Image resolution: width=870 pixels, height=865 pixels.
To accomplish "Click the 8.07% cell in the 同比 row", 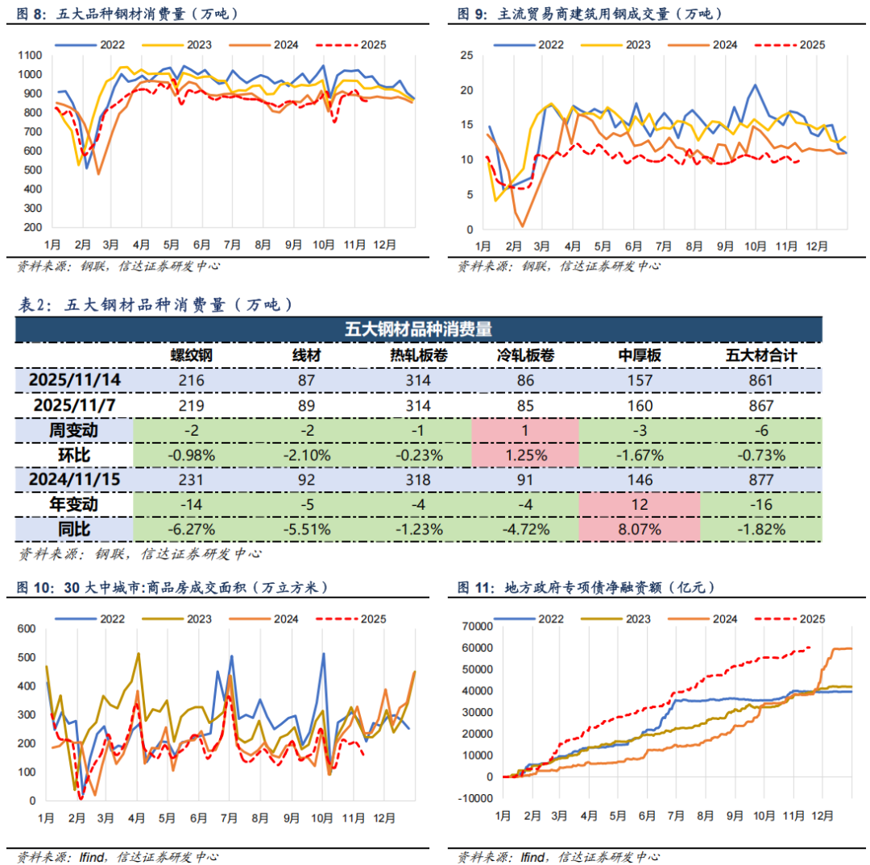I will tap(639, 529).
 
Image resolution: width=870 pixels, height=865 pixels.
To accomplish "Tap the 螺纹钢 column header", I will tap(191, 356).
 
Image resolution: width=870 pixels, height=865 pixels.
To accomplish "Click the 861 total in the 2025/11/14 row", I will tap(760, 380).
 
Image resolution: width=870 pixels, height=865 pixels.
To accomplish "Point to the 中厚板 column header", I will tap(639, 356).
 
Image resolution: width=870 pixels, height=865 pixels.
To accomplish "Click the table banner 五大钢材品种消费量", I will tap(419, 329).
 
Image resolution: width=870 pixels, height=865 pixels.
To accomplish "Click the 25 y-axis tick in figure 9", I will tap(466, 55).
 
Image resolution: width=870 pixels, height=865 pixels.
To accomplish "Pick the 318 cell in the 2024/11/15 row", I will tap(418, 480).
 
